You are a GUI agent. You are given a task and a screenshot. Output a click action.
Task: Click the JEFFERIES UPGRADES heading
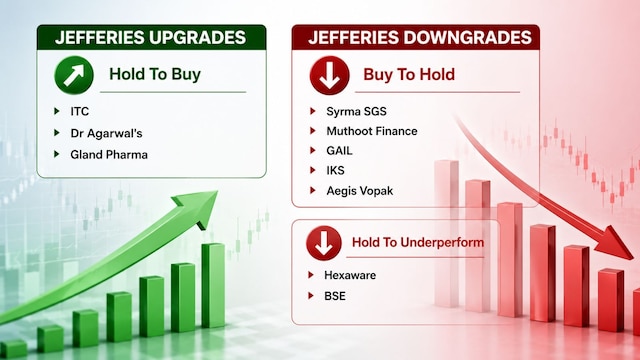[150, 38]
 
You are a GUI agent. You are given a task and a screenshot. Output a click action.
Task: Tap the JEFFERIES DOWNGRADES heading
[420, 38]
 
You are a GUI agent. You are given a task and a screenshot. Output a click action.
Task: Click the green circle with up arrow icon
[74, 75]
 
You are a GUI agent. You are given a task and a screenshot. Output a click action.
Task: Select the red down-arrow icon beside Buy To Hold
[329, 75]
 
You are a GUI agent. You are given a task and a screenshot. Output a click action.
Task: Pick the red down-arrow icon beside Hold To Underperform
[324, 243]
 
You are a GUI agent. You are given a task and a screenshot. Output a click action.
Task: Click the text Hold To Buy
[155, 74]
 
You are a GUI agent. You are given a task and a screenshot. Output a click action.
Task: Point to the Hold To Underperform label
[418, 242]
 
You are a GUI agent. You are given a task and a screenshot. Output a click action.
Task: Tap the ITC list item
[80, 111]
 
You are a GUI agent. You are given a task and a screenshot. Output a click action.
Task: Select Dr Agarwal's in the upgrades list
[106, 133]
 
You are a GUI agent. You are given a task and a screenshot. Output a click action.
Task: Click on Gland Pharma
[109, 155]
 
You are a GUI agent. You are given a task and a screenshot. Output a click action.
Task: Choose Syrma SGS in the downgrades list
[356, 111]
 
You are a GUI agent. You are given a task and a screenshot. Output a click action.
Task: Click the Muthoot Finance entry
[372, 131]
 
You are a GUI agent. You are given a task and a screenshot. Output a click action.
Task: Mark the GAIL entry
[339, 151]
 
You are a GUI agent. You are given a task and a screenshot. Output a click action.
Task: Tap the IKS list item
[336, 170]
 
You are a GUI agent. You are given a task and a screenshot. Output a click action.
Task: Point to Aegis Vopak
[360, 191]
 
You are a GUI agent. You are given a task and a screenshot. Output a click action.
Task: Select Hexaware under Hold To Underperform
[350, 275]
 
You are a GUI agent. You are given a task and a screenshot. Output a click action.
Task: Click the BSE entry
[335, 296]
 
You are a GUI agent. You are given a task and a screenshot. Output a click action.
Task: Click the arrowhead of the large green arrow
[200, 207]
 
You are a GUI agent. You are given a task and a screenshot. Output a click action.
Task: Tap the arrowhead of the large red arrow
[616, 242]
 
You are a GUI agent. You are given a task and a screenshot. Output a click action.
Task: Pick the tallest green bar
[213, 285]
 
